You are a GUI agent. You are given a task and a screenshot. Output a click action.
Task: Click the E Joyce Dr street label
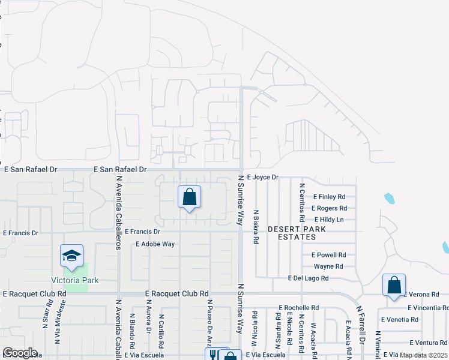click(x=263, y=178)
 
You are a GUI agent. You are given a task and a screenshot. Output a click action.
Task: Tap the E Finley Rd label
click(x=330, y=197)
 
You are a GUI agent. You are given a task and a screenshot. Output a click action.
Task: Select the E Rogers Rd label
click(x=330, y=208)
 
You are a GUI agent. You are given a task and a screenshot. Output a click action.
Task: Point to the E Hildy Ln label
click(x=328, y=220)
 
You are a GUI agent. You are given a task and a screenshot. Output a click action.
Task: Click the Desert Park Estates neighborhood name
click(x=297, y=233)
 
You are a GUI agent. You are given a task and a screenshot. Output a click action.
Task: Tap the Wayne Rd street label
click(x=328, y=266)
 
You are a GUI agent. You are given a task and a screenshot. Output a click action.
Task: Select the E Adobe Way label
click(x=155, y=244)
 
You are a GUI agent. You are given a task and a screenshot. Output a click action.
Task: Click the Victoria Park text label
click(x=74, y=280)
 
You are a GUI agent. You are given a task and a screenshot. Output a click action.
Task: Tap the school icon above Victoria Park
click(x=71, y=256)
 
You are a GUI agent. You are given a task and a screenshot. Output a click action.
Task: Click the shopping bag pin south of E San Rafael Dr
click(x=189, y=197)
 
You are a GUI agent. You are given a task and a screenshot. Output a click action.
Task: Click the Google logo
click(x=19, y=353)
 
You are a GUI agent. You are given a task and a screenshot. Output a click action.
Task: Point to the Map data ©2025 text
click(x=424, y=355)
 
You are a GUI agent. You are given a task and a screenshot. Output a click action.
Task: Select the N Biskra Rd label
click(x=256, y=227)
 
